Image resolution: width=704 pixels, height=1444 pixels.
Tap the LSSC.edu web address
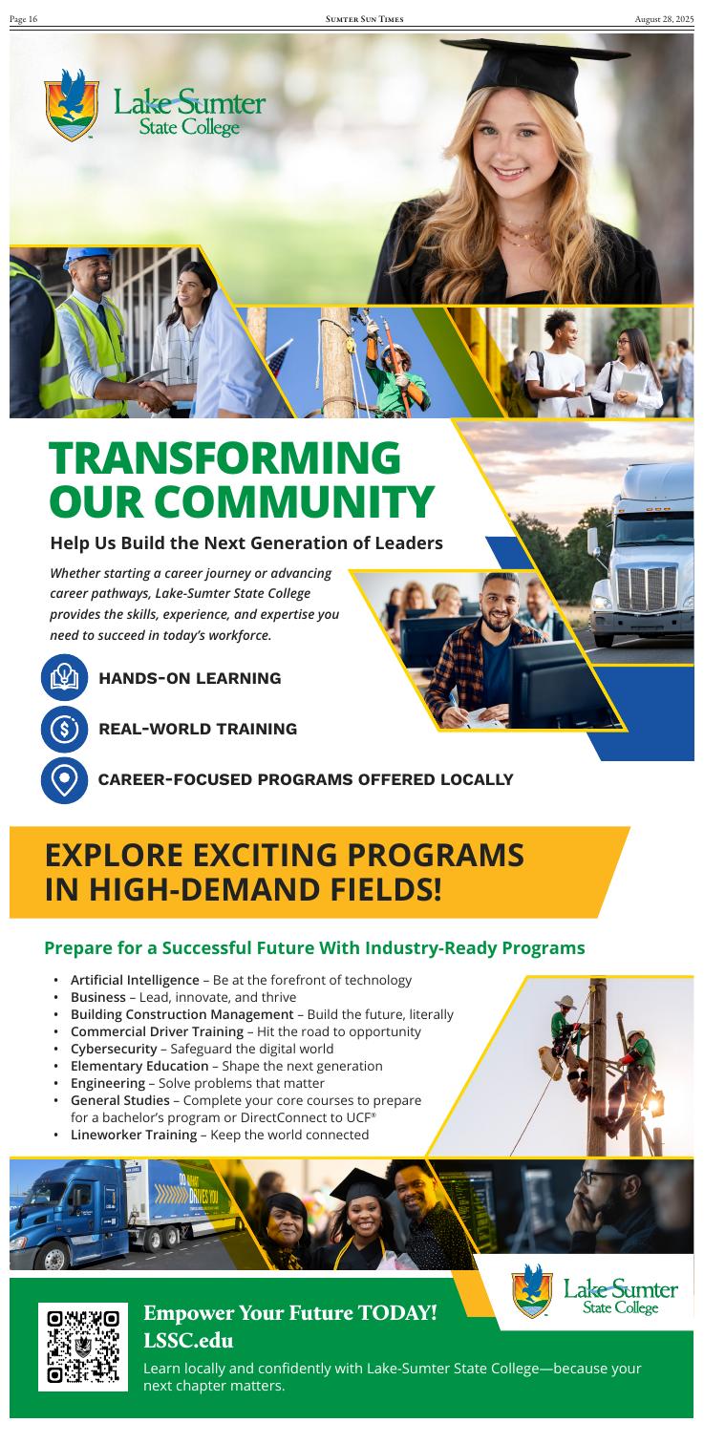pos(188,1340)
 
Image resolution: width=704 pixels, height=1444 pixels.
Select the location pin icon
pos(64,780)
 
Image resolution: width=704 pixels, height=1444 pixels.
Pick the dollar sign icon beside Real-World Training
pos(64,729)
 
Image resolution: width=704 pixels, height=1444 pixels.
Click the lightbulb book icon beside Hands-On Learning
pos(64,677)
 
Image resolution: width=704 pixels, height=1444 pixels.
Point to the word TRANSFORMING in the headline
pos(225,457)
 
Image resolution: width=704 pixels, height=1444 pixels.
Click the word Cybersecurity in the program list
pos(114,1049)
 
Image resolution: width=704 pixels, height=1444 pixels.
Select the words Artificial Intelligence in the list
pos(135,980)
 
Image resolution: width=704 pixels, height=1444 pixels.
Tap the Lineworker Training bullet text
pos(220,1135)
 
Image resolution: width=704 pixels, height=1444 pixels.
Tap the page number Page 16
pos(24,19)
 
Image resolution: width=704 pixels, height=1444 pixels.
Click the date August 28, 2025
pos(664,19)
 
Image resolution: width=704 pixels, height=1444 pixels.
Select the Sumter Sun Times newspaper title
pos(365,19)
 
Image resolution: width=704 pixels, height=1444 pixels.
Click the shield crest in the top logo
pos(72,106)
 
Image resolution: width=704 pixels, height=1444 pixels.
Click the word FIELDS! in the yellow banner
pos(385,890)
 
